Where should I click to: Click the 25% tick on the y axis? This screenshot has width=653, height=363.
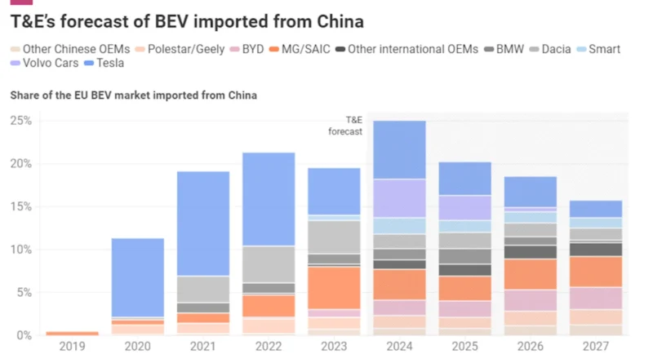pyautogui.click(x=20, y=121)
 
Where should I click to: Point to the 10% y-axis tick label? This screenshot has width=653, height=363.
pyautogui.click(x=20, y=250)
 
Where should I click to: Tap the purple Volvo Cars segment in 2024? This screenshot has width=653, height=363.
pyautogui.click(x=399, y=198)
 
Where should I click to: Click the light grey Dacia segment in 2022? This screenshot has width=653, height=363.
pyautogui.click(x=269, y=264)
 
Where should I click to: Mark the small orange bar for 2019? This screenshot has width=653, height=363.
pyautogui.click(x=73, y=333)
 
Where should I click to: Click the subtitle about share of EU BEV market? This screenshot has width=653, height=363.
pyautogui.click(x=134, y=95)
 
